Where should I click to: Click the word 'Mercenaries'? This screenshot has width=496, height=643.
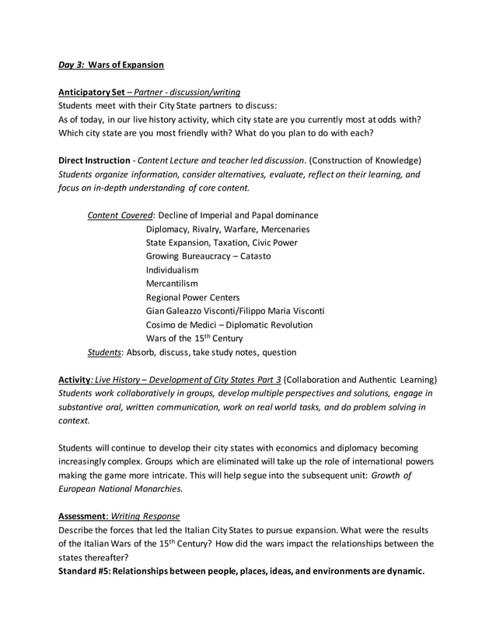[x=281, y=229]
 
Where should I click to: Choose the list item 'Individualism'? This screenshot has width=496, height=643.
[x=172, y=270]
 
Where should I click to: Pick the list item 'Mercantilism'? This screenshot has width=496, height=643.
[x=172, y=283]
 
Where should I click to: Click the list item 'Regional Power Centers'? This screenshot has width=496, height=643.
[x=193, y=297]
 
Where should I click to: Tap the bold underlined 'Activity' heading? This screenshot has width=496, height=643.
[x=75, y=379]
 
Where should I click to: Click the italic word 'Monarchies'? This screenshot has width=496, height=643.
[x=156, y=489]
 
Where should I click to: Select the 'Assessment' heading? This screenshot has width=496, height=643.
[x=84, y=516]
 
